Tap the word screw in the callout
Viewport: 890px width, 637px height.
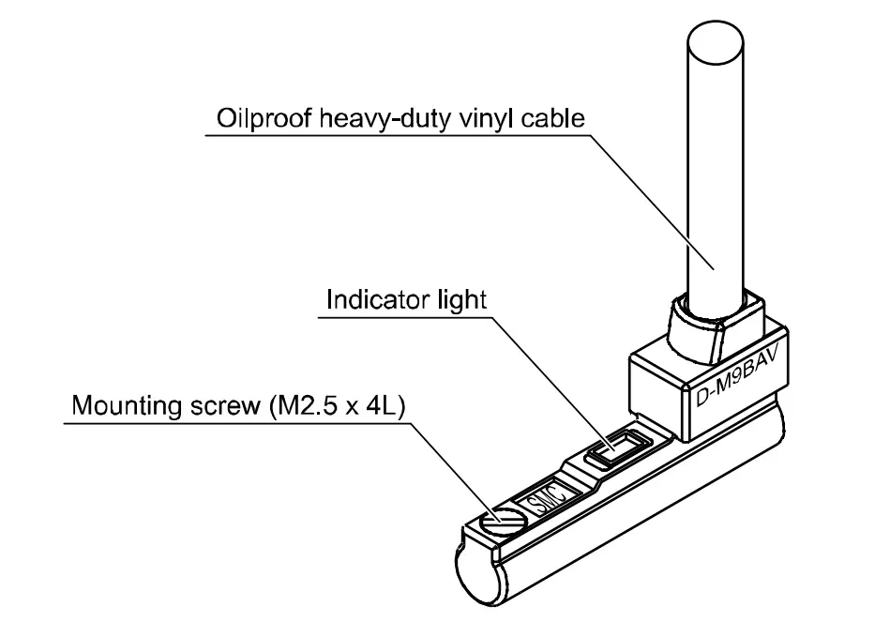[x=219, y=407]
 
